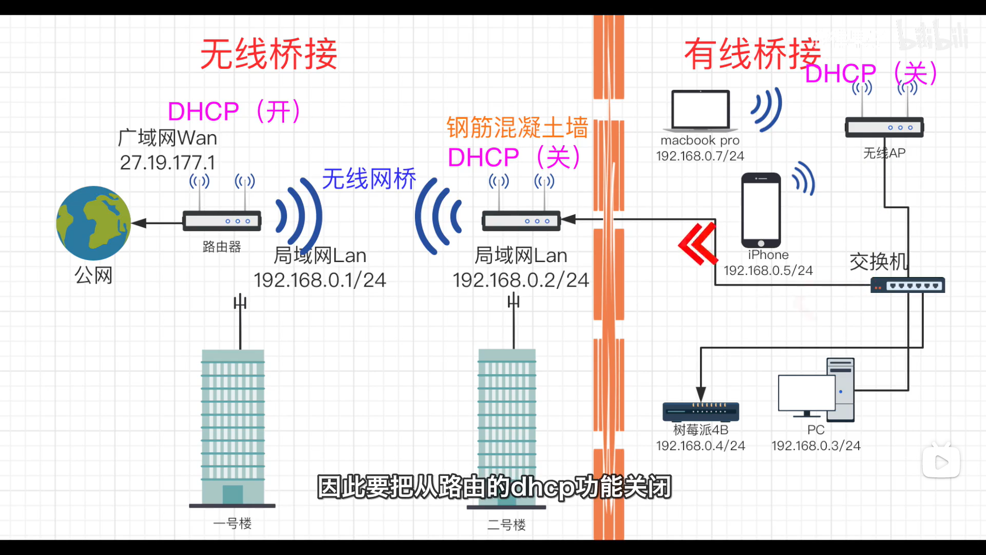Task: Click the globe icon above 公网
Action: pos(93,223)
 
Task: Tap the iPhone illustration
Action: pos(761,210)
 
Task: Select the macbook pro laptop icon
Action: pos(700,110)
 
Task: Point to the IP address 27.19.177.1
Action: pos(167,163)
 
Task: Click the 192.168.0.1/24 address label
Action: pos(319,280)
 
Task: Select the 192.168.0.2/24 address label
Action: pos(520,280)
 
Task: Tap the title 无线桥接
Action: pos(269,54)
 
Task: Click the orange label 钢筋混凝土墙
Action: pos(517,127)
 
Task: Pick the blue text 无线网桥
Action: pos(369,179)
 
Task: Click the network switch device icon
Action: pos(907,285)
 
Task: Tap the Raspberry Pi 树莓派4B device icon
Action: pos(700,411)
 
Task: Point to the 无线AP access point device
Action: pos(884,127)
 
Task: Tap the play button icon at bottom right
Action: pos(941,462)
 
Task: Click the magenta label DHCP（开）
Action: pos(234,112)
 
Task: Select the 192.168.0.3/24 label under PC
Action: pos(816,446)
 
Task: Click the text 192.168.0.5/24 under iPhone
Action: pos(768,270)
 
